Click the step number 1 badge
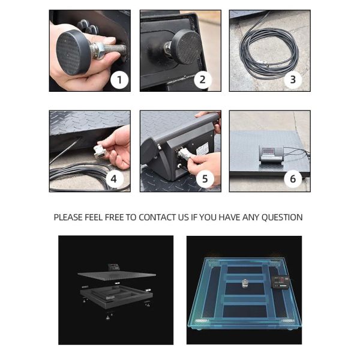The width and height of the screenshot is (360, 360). [x=119, y=80]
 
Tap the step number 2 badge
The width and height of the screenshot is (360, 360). [x=203, y=80]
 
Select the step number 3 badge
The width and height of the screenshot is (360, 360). [x=293, y=80]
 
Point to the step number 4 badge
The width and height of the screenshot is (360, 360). [x=113, y=179]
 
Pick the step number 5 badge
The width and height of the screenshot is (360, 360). [x=205, y=179]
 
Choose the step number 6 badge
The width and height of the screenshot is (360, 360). [x=293, y=179]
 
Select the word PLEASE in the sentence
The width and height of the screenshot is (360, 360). [x=68, y=217]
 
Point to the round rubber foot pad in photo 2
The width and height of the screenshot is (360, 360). [x=187, y=47]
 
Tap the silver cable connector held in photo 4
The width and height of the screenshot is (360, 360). [x=100, y=152]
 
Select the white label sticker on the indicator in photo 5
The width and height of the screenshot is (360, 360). [x=202, y=149]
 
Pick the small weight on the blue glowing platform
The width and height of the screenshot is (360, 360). [x=245, y=283]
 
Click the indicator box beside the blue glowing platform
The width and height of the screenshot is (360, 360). [x=281, y=281]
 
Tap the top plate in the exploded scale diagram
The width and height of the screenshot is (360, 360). [x=116, y=276]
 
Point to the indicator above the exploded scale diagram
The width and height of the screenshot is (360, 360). [x=113, y=267]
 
